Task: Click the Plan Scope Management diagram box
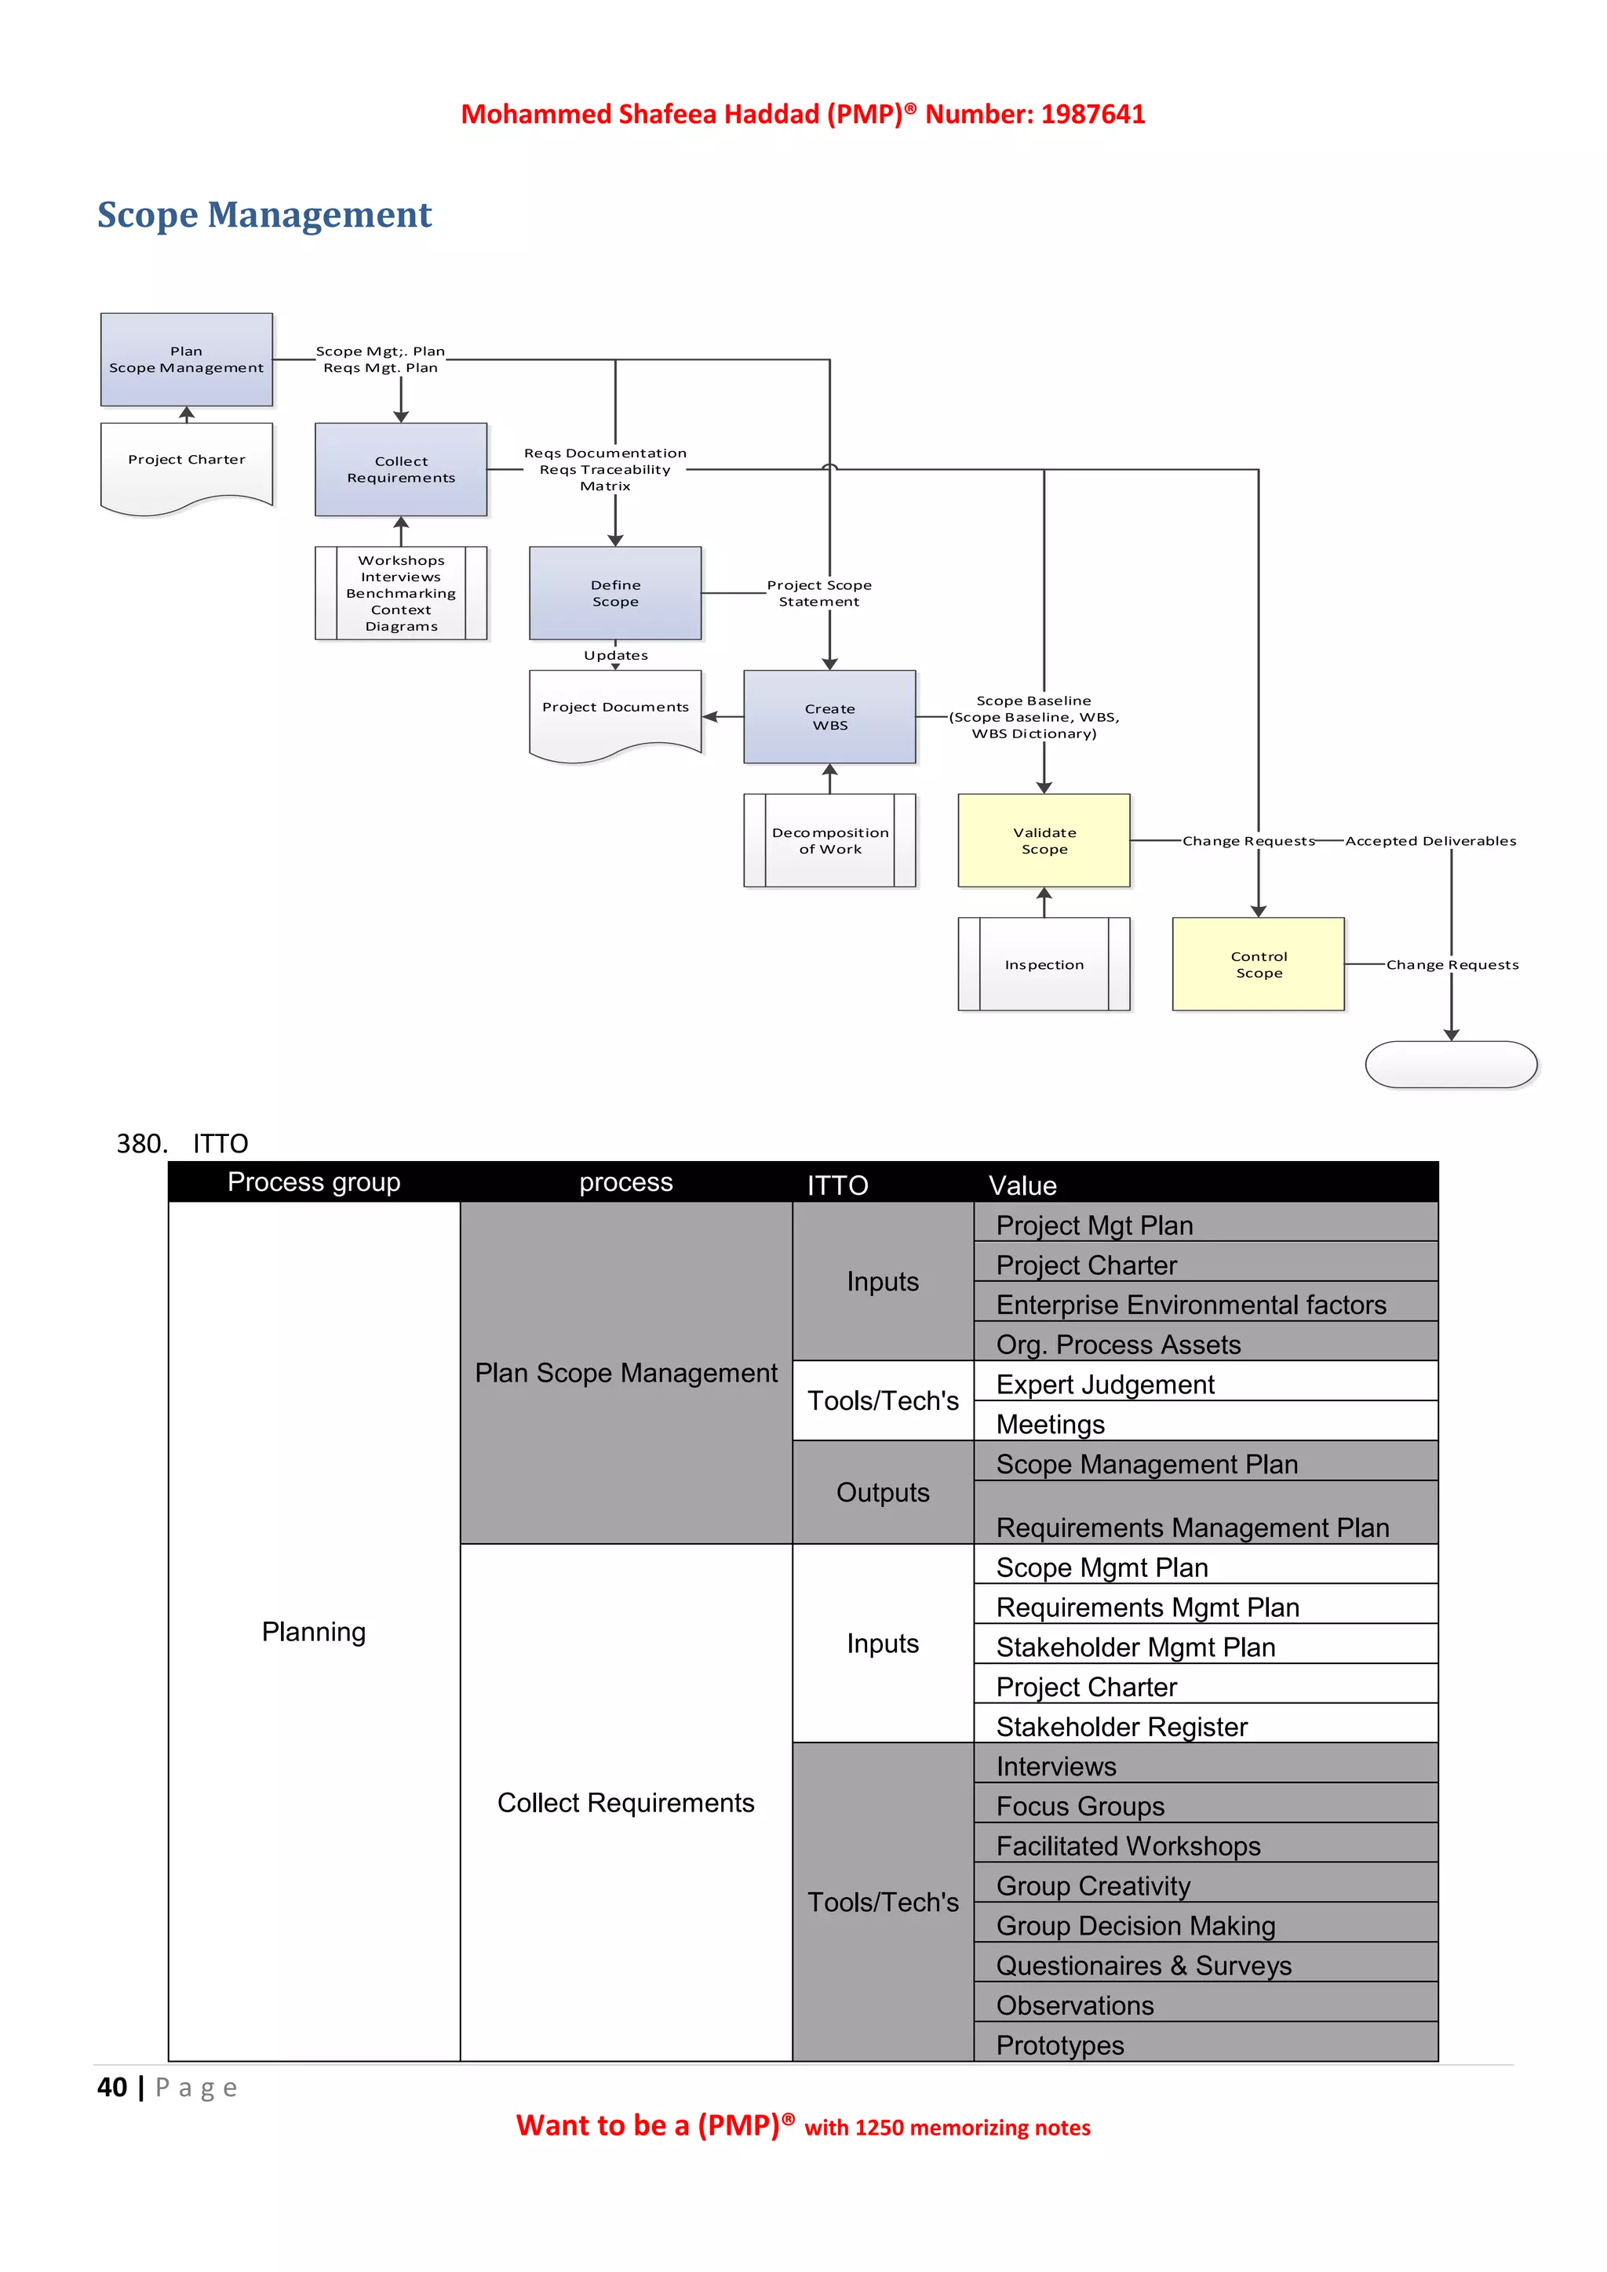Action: point(186,359)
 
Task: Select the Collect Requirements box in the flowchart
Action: point(401,469)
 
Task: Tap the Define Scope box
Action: point(614,593)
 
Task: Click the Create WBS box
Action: point(829,716)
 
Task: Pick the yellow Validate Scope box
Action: point(1044,840)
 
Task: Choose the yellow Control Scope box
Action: point(1258,964)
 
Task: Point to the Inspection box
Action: point(1044,964)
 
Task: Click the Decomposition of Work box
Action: point(829,840)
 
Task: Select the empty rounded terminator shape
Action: point(1451,1065)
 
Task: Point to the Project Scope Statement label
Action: point(818,593)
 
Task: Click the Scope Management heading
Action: point(264,215)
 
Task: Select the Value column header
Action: point(1022,1185)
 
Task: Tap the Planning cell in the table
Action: point(314,1632)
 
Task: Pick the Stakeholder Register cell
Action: point(1121,1727)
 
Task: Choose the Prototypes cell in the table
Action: point(1060,2044)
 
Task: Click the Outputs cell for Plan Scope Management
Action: point(883,1492)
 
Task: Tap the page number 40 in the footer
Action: point(112,2087)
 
